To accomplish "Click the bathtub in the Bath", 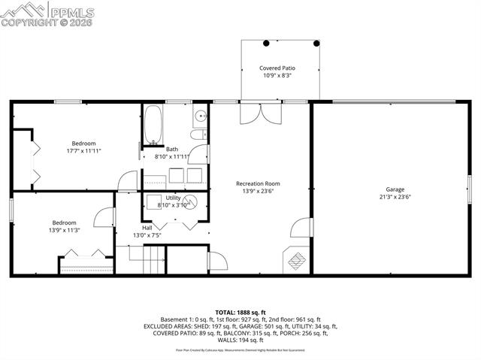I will pyautogui.click(x=153, y=125).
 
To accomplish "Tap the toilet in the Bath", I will pyautogui.click(x=198, y=135).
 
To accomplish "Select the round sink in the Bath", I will pyautogui.click(x=201, y=116).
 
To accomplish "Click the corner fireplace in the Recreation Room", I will pyautogui.click(x=296, y=260).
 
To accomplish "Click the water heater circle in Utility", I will pyautogui.click(x=192, y=201).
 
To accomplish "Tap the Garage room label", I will pyautogui.click(x=395, y=189).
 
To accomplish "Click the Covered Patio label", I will pyautogui.click(x=277, y=68).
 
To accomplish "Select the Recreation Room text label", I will pyautogui.click(x=258, y=183).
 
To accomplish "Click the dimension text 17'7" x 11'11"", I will pyautogui.click(x=83, y=151).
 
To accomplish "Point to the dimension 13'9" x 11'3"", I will pyautogui.click(x=64, y=230).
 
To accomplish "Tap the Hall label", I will pyautogui.click(x=147, y=228).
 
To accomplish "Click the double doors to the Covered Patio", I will pyautogui.click(x=259, y=113).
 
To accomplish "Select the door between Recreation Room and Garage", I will pyautogui.click(x=302, y=228).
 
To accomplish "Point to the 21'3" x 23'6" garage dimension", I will pyautogui.click(x=395, y=197).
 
